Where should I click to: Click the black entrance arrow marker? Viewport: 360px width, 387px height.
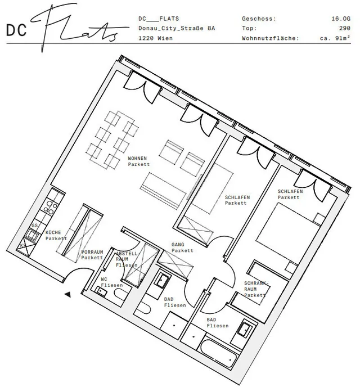coord(67,294)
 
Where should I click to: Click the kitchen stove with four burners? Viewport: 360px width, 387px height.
coord(52,206)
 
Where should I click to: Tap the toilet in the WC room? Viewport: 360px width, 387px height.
coord(103,290)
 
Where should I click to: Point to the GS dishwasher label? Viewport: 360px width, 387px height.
coord(35,225)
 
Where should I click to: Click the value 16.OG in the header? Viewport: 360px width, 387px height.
coord(340,19)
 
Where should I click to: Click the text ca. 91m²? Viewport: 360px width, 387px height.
coord(336,38)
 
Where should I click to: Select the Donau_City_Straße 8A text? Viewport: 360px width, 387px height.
coord(177,28)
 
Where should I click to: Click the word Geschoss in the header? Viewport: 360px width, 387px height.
coord(259,19)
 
